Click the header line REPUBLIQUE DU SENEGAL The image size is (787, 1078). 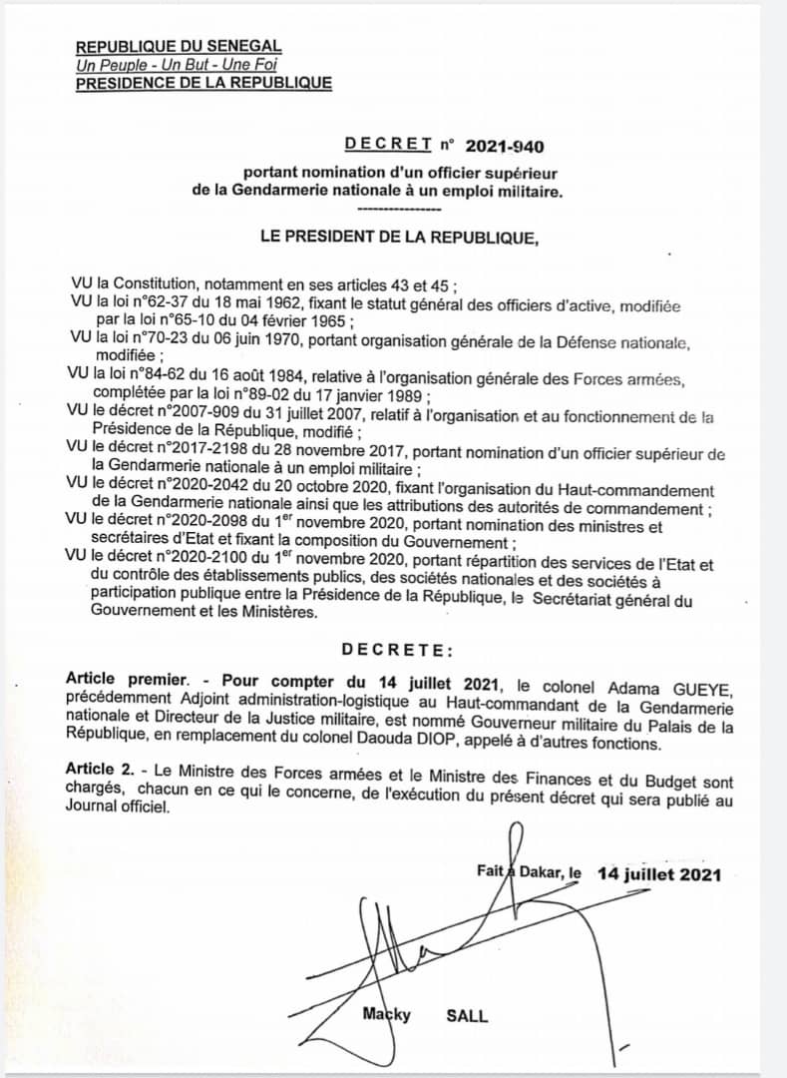click(179, 47)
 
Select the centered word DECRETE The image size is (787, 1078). click(397, 650)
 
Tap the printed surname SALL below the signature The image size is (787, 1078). click(467, 1016)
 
